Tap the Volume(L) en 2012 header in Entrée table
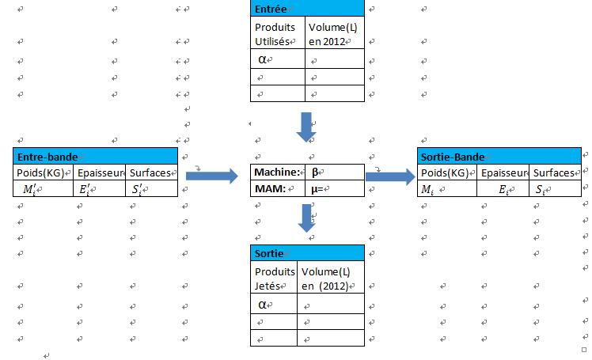(334, 33)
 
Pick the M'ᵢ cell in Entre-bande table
(29, 189)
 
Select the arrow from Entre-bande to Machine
(211, 176)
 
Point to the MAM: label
(271, 189)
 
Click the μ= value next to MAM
(318, 189)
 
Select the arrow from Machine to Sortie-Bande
(390, 176)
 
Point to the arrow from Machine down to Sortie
(306, 218)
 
